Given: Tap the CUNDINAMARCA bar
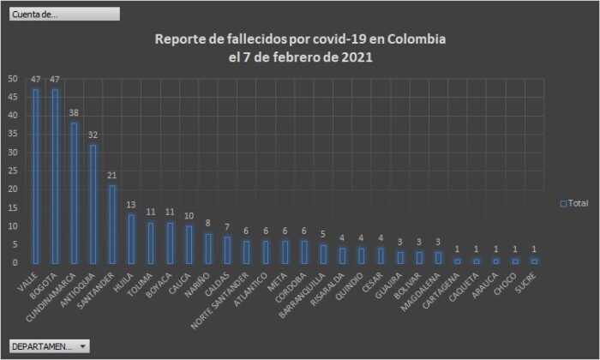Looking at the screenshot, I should pyautogui.click(x=74, y=193).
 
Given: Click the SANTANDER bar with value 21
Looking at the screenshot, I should pyautogui.click(x=112, y=225).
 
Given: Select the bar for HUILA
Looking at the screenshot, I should pyautogui.click(x=131, y=239).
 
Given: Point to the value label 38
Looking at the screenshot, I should pyautogui.click(x=74, y=113).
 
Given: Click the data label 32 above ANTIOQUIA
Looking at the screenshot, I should pyautogui.click(x=93, y=135).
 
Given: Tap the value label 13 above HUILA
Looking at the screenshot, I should pyautogui.click(x=131, y=205).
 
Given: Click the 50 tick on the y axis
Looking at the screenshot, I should pyautogui.click(x=12, y=78).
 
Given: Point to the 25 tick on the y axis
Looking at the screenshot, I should pyautogui.click(x=12, y=171).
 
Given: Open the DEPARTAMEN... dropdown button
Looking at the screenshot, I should pyautogui.click(x=49, y=346).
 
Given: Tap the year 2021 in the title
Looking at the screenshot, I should pyautogui.click(x=356, y=58).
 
